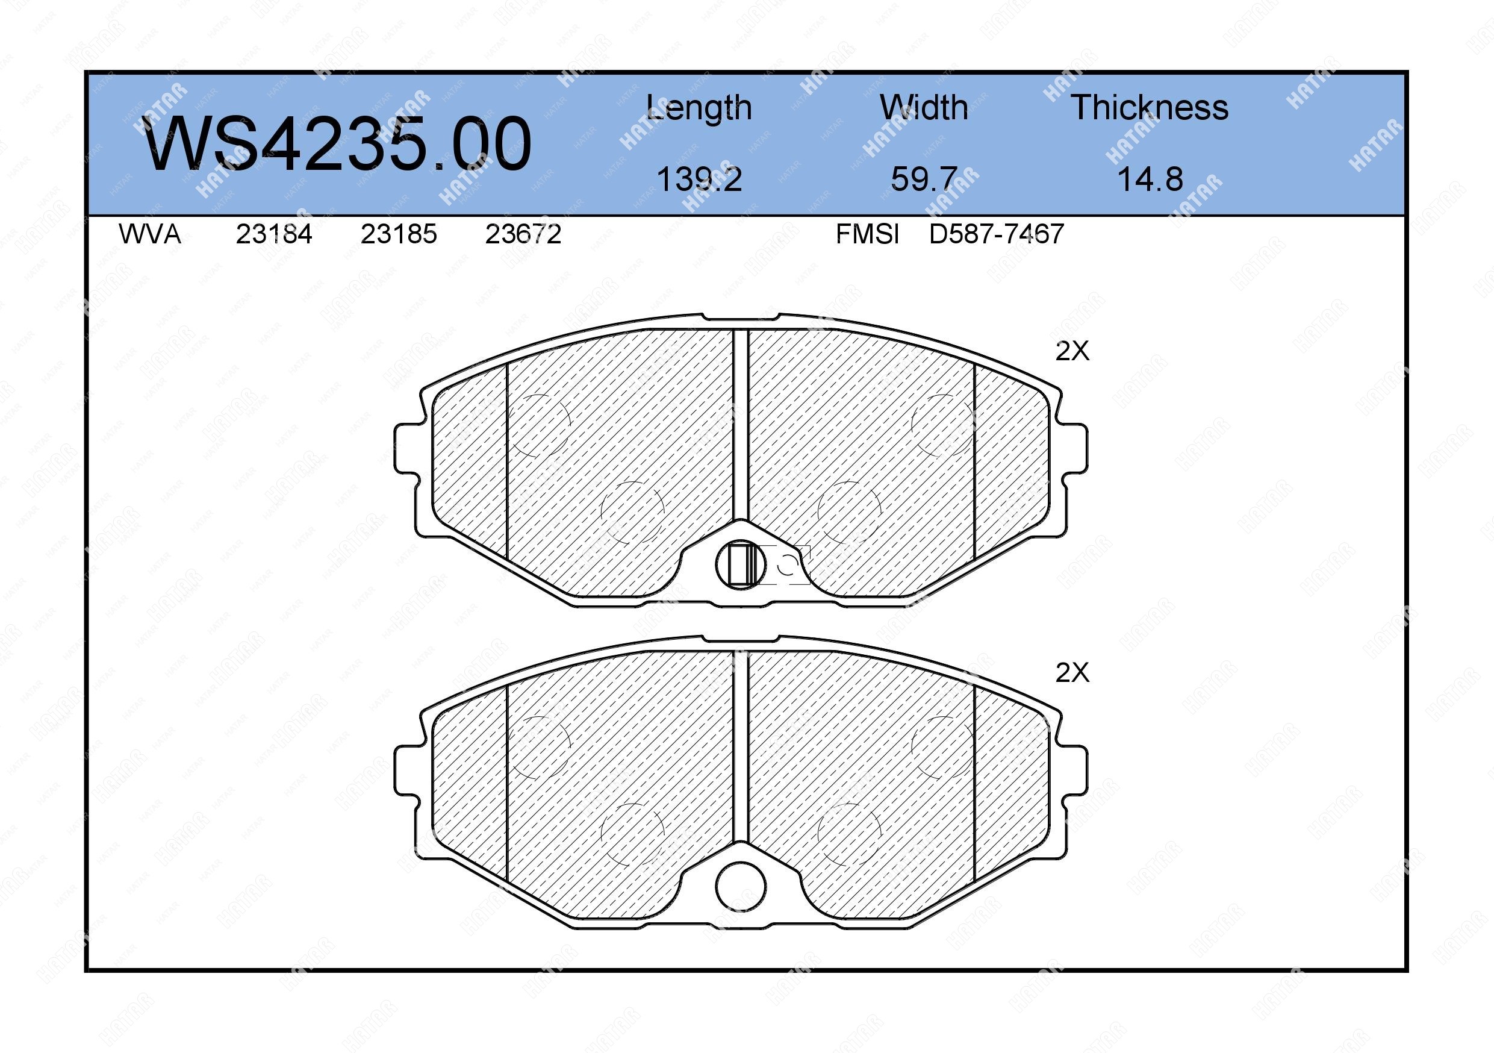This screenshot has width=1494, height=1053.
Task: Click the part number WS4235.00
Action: (x=337, y=144)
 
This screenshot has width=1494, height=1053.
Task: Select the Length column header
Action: (x=699, y=108)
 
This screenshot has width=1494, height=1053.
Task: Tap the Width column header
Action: (x=923, y=107)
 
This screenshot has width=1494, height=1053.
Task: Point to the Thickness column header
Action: (x=1150, y=107)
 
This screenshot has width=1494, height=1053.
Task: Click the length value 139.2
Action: (x=699, y=179)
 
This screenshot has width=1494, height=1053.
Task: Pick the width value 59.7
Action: (x=924, y=179)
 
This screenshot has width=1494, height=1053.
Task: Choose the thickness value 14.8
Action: (x=1150, y=179)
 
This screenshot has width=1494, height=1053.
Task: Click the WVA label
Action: (x=150, y=234)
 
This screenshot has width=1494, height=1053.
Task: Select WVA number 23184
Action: (x=274, y=234)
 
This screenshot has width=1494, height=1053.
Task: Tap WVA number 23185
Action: (x=399, y=234)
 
